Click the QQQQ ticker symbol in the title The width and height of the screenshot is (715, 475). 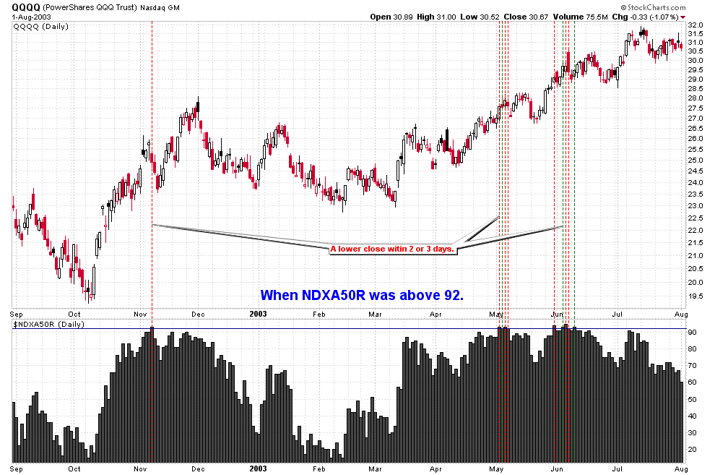pyautogui.click(x=26, y=7)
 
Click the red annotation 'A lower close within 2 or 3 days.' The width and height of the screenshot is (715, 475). pyautogui.click(x=392, y=249)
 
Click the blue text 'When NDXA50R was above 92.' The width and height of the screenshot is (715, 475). pyautogui.click(x=361, y=295)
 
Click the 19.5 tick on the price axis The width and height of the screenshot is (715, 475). pyautogui.click(x=696, y=296)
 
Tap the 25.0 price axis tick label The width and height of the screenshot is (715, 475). pyautogui.click(x=696, y=160)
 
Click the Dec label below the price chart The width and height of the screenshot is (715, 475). pyautogui.click(x=196, y=314)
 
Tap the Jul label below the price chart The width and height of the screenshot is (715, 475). pyautogui.click(x=618, y=314)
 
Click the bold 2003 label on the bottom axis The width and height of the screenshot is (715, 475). pyautogui.click(x=258, y=467)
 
